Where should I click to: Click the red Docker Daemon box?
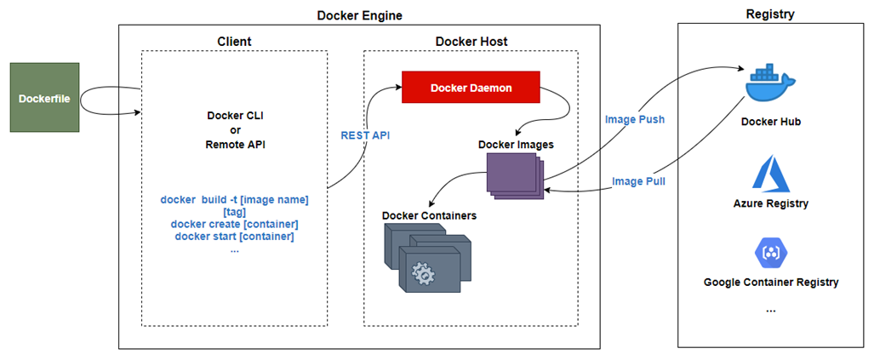click(471, 88)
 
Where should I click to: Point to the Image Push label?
click(634, 119)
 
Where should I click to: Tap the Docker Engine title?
click(359, 15)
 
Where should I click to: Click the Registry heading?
click(770, 14)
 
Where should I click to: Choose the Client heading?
click(234, 40)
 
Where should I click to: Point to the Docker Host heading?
click(471, 40)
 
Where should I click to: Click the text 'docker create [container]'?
click(234, 224)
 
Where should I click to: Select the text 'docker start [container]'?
click(234, 236)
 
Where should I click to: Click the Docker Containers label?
click(429, 215)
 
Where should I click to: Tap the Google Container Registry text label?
click(770, 282)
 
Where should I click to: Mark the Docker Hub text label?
click(770, 122)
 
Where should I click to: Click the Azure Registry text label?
click(770, 203)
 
